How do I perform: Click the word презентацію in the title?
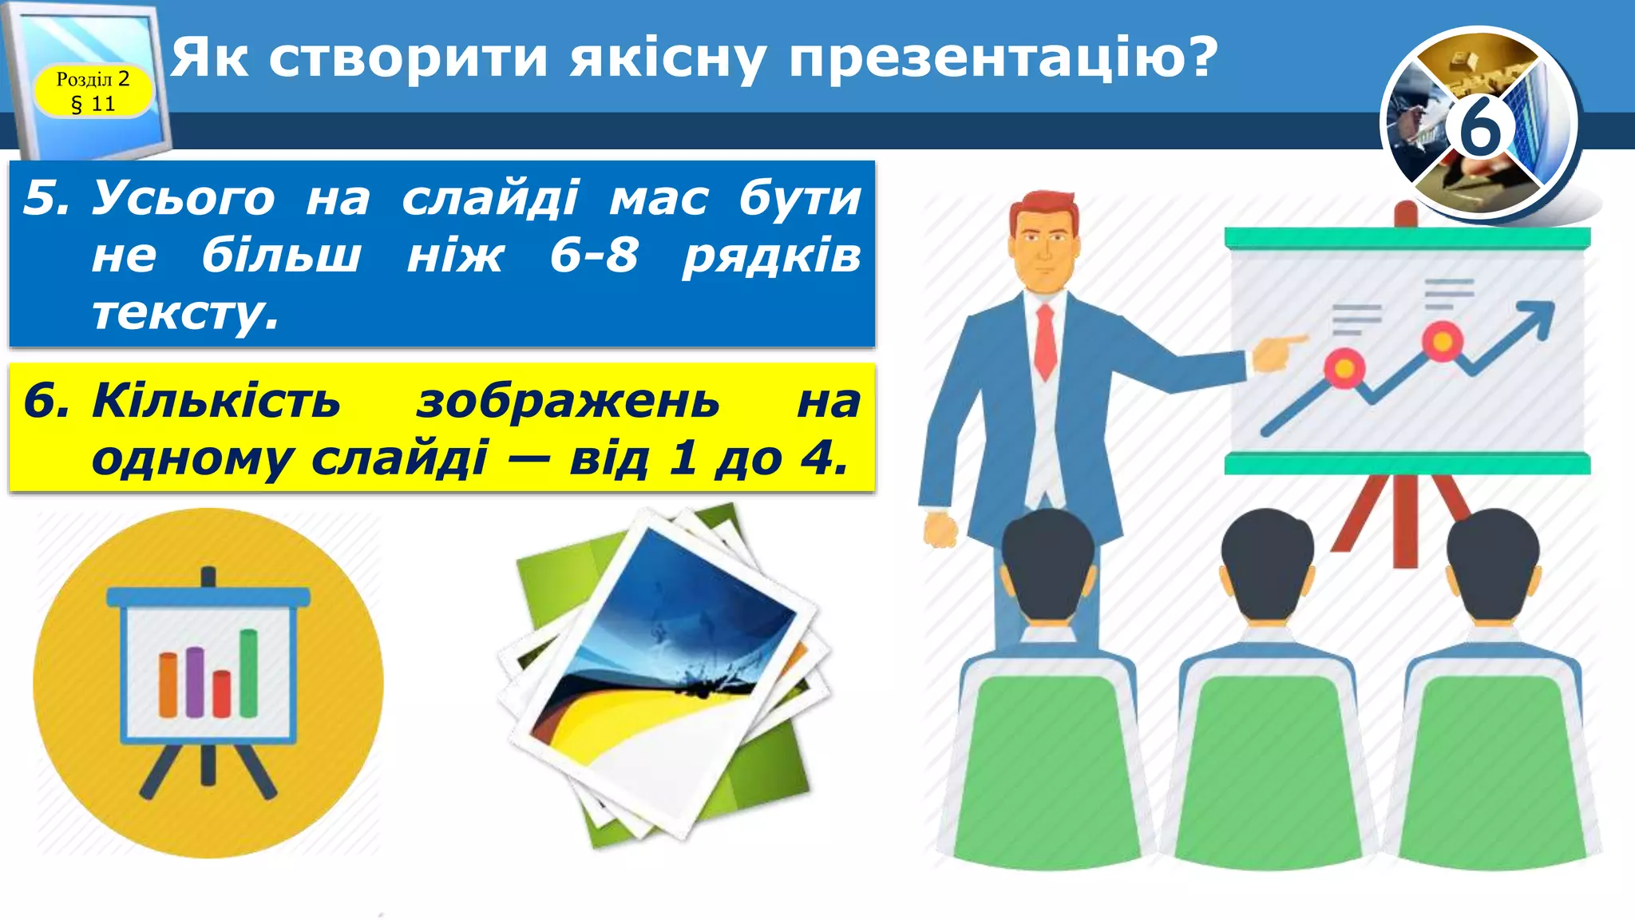1002,57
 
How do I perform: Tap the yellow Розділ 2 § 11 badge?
93,90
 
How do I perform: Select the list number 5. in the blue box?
46,197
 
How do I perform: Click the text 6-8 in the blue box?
594,256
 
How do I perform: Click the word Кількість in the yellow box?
216,400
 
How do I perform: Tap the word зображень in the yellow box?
568,402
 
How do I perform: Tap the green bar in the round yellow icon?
249,672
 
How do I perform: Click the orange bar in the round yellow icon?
168,684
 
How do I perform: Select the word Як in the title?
209,57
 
